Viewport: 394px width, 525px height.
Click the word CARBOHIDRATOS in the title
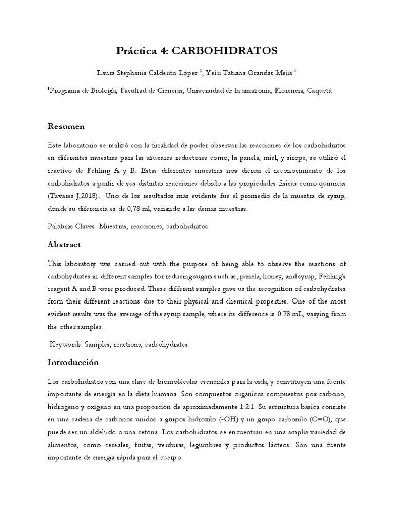pyautogui.click(x=224, y=50)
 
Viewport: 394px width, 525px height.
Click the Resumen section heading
pyautogui.click(x=66, y=126)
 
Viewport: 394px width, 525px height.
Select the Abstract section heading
pyautogui.click(x=64, y=245)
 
